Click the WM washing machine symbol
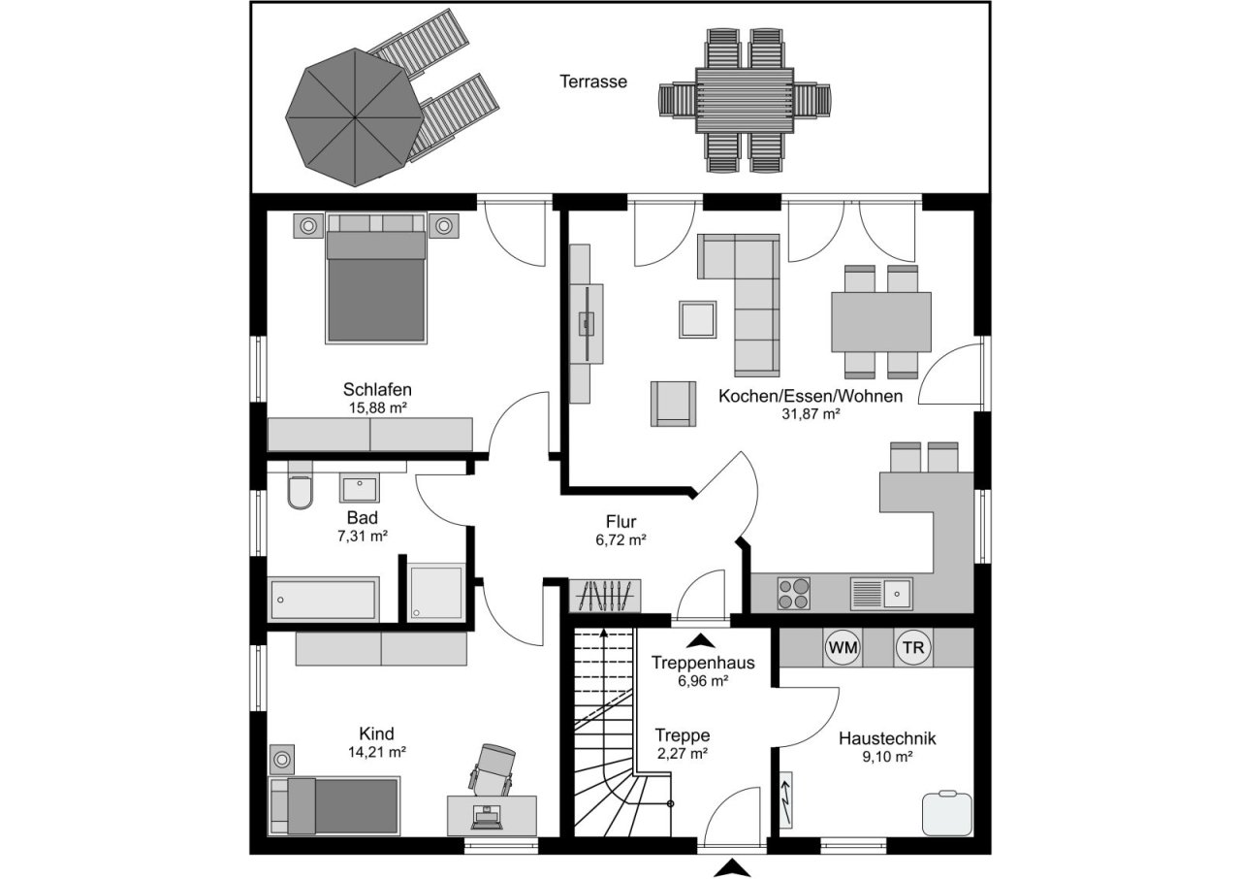[843, 647]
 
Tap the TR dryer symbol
[911, 647]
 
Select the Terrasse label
[592, 81]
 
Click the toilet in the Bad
[301, 492]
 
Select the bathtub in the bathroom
[323, 599]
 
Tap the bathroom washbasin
[364, 486]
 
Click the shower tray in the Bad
[435, 591]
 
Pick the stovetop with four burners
[794, 593]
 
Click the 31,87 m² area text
[810, 412]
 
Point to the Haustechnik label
[887, 738]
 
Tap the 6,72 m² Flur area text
[620, 539]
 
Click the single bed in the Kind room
[334, 805]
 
